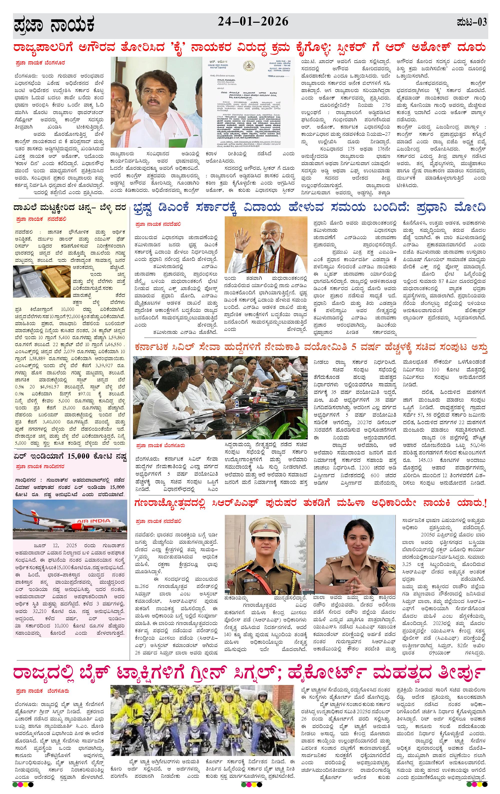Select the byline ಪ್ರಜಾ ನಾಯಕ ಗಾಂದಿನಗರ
pos(40,467)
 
